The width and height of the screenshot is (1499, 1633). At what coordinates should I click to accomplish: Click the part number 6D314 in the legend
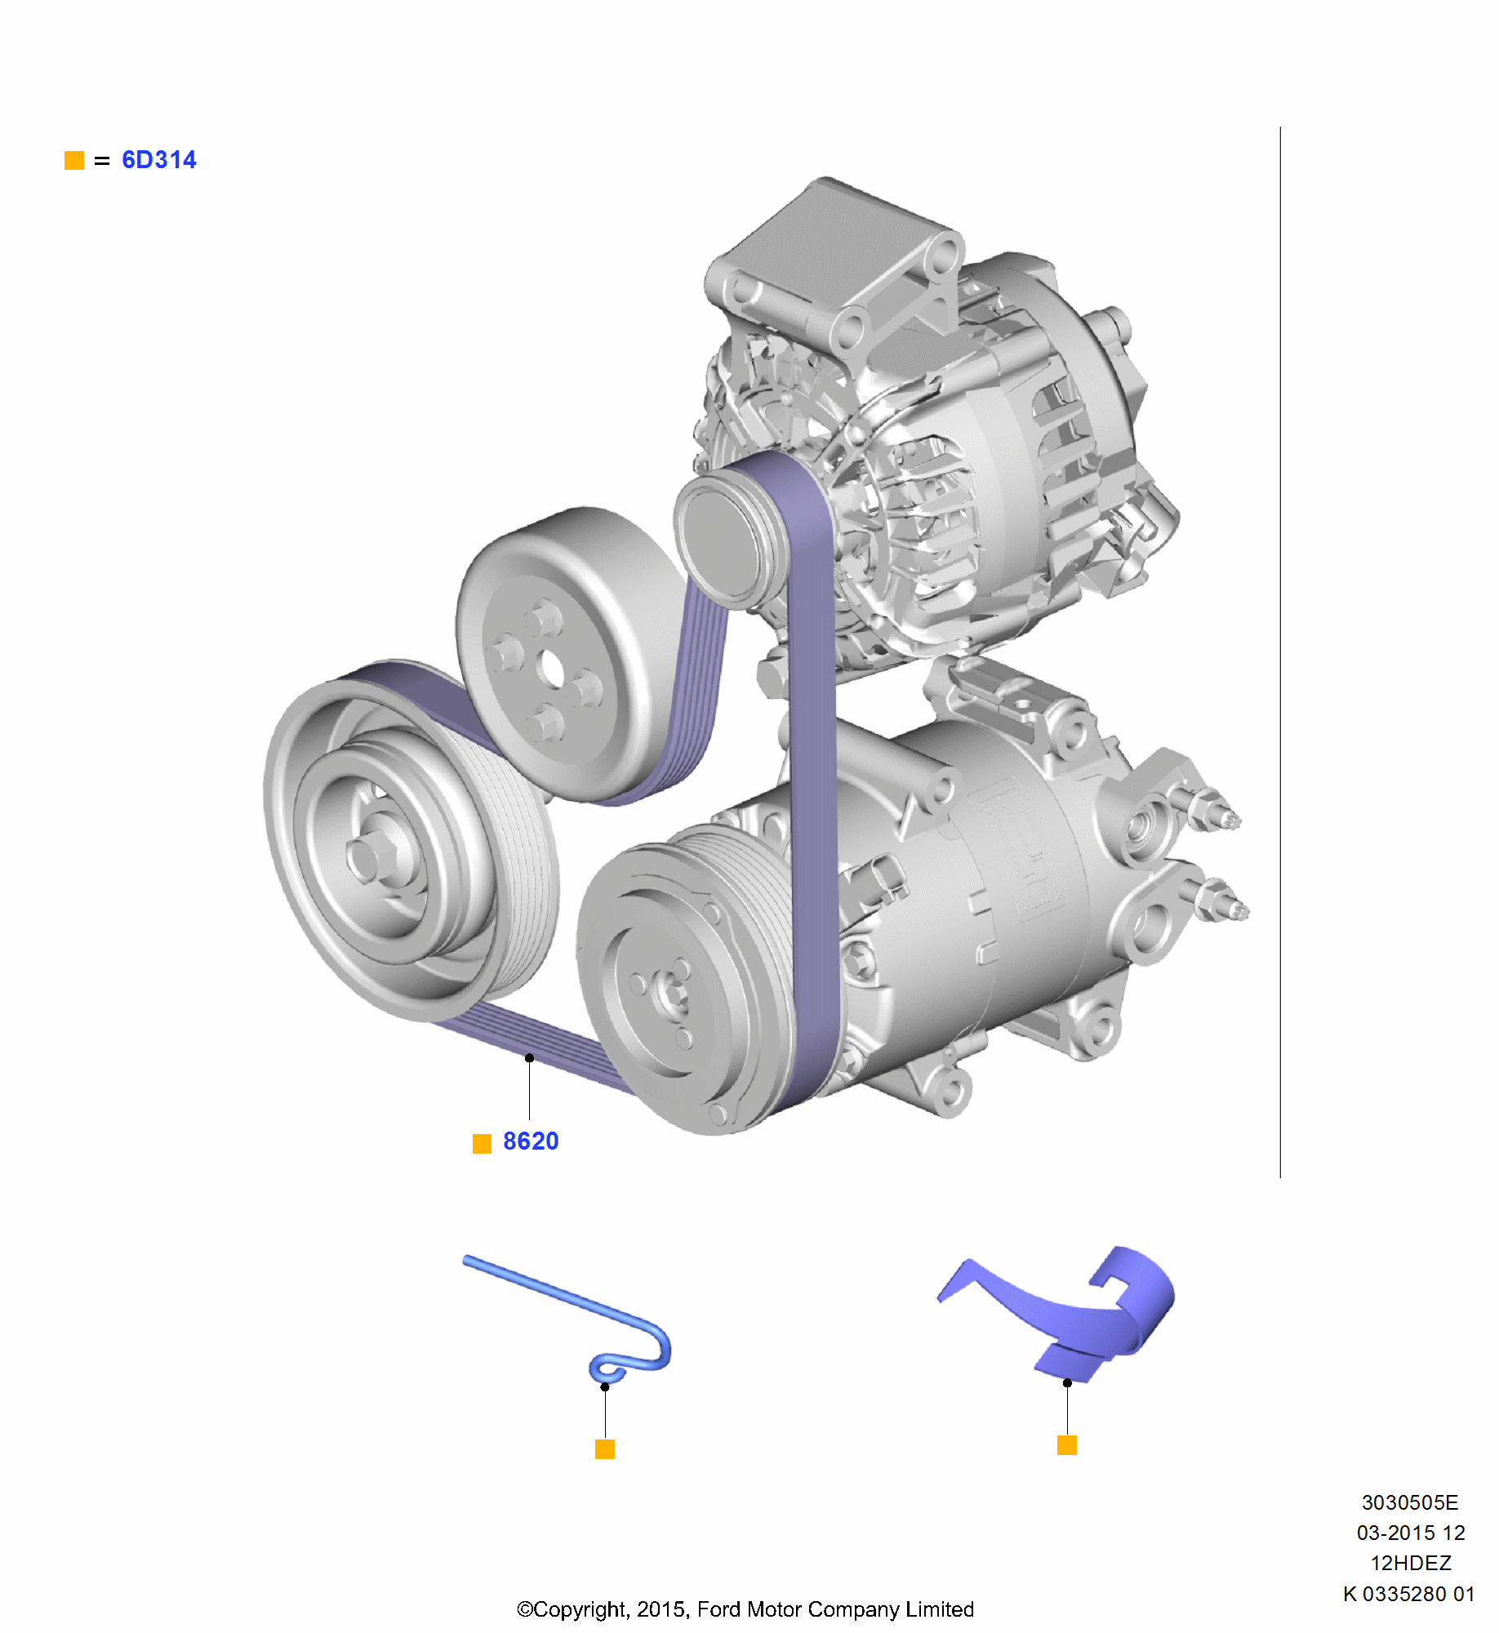(x=158, y=160)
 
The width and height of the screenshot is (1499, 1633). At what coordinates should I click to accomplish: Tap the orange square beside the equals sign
(x=74, y=160)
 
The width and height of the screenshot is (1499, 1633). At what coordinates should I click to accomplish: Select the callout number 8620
(x=531, y=1141)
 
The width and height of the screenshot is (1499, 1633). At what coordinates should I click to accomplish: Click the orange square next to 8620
(x=482, y=1143)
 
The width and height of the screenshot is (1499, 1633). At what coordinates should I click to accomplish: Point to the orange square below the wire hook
(x=605, y=1449)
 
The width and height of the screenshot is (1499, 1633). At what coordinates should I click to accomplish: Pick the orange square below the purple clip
(x=1067, y=1445)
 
